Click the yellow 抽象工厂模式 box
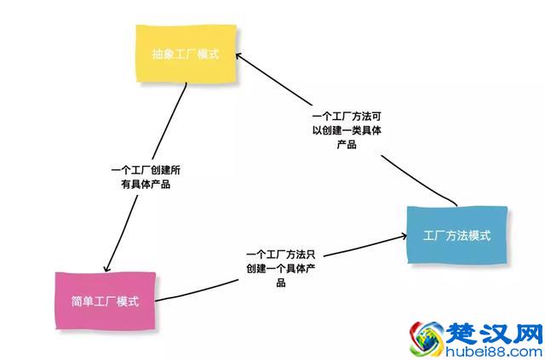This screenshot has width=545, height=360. (185, 54)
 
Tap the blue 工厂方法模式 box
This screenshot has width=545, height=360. (456, 235)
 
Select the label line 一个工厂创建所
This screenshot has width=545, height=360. (145, 170)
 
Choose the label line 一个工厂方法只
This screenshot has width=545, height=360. (280, 254)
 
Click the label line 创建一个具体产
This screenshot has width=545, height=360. (280, 269)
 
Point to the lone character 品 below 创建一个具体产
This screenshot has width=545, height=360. (280, 283)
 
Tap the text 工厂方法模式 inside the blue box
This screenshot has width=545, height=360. (456, 236)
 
